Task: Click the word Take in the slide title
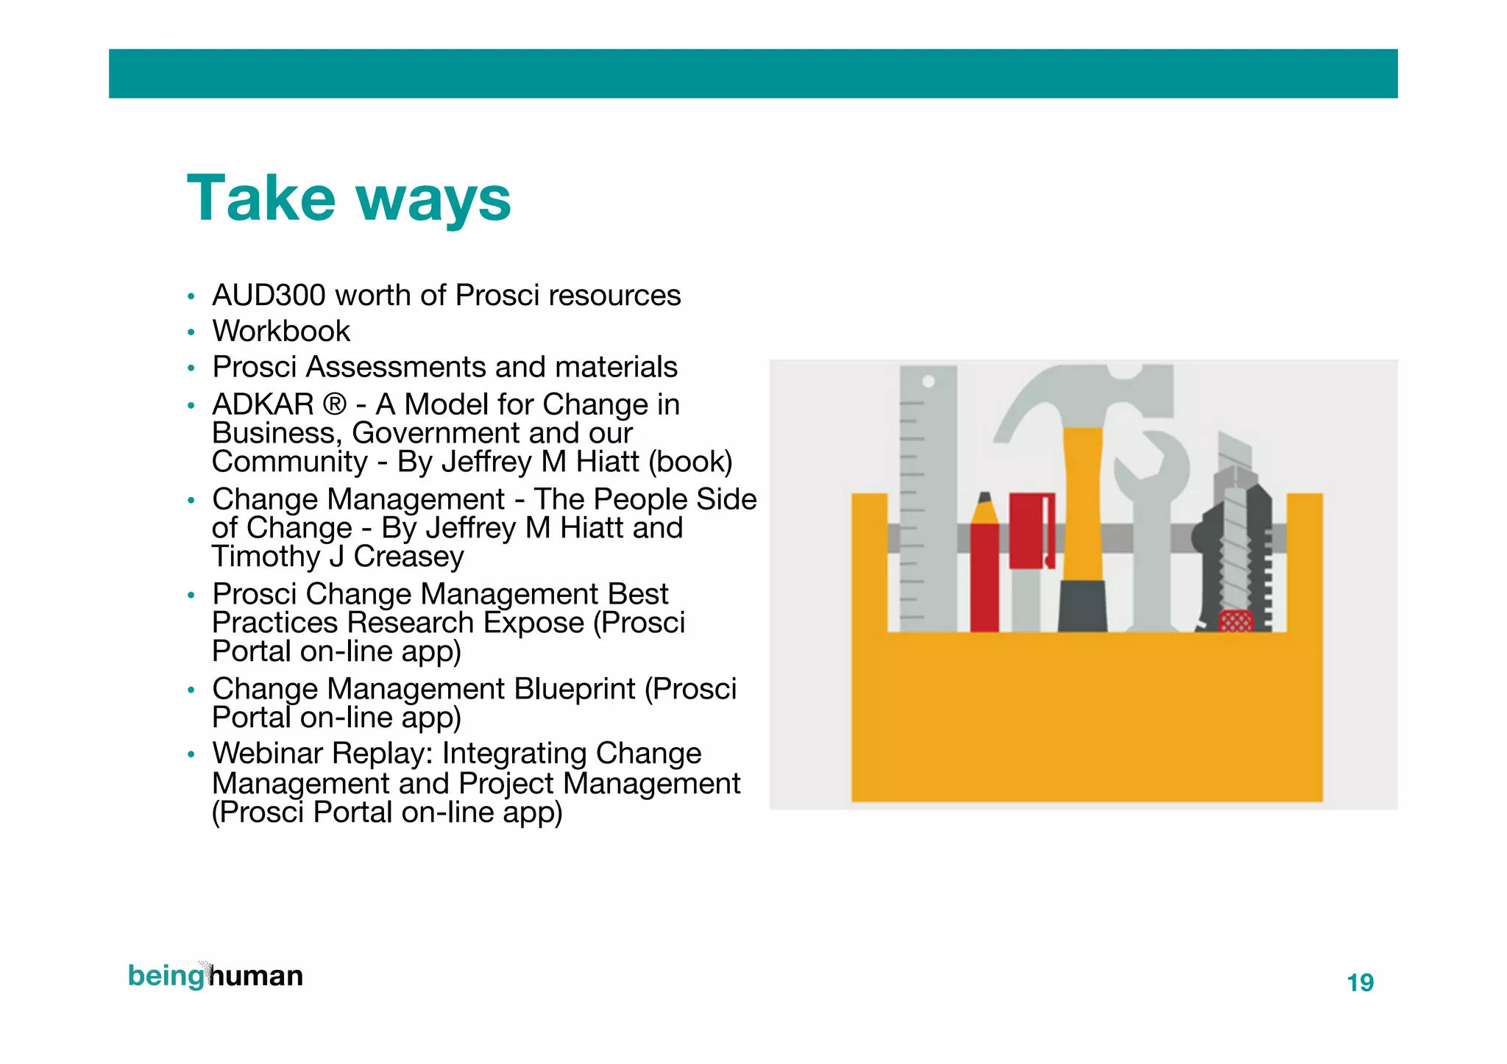pos(261,199)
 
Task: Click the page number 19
pos(1360,983)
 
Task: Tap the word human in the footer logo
pos(257,976)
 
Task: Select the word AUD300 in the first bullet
pos(269,296)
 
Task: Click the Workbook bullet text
pos(281,332)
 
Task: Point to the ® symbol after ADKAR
pos(334,404)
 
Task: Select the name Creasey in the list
pos(408,557)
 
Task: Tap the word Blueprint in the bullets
pos(574,689)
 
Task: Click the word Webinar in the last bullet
pos(269,754)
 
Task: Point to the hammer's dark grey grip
pos(1082,607)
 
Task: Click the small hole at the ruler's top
pos(929,381)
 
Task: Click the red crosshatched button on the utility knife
pos(1235,621)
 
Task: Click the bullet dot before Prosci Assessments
pos(191,368)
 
